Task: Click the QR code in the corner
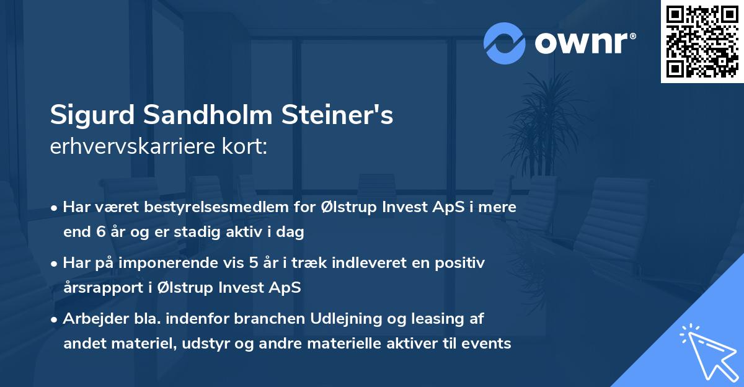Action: (702, 41)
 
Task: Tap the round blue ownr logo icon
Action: (504, 43)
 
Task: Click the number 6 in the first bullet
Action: (99, 233)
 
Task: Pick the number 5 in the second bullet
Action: (254, 263)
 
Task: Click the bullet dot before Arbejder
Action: (55, 320)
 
